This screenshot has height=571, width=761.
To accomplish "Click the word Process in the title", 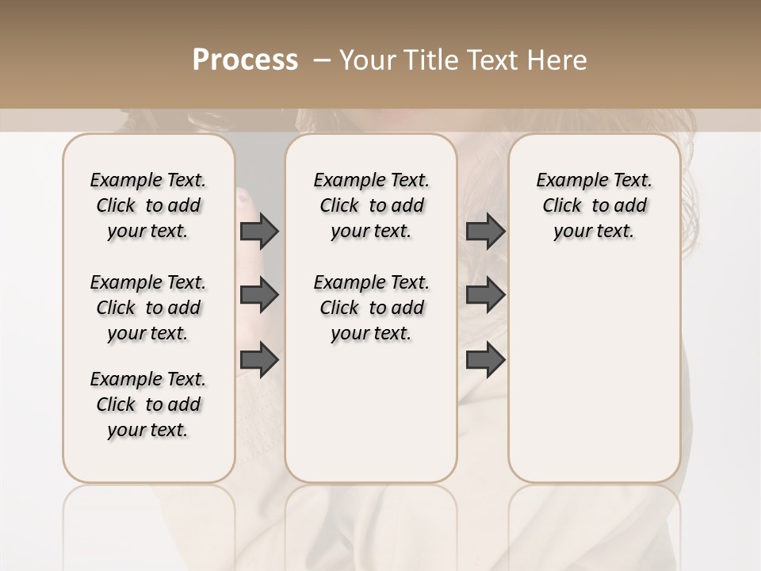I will [x=245, y=59].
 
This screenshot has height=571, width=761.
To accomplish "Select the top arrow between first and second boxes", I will [x=259, y=231].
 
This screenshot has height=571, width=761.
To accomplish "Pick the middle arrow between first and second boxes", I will [x=259, y=295].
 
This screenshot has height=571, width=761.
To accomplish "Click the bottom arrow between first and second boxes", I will [x=259, y=360].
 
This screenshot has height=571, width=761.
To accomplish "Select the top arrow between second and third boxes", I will [x=485, y=231].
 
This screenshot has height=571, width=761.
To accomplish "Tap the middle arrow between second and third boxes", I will [x=485, y=295].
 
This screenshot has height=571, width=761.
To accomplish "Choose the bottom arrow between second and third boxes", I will [x=485, y=360].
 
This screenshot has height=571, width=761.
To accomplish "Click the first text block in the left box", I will [x=148, y=205].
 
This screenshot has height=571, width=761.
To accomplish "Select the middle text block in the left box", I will [x=148, y=308].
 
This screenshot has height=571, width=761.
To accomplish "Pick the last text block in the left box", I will [x=148, y=404].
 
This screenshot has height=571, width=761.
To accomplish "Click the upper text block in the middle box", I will [x=371, y=205].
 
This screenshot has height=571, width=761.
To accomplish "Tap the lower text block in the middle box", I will [x=371, y=308].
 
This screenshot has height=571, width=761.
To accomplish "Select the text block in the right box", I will [x=594, y=205].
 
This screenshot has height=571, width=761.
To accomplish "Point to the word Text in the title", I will [x=494, y=59].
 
